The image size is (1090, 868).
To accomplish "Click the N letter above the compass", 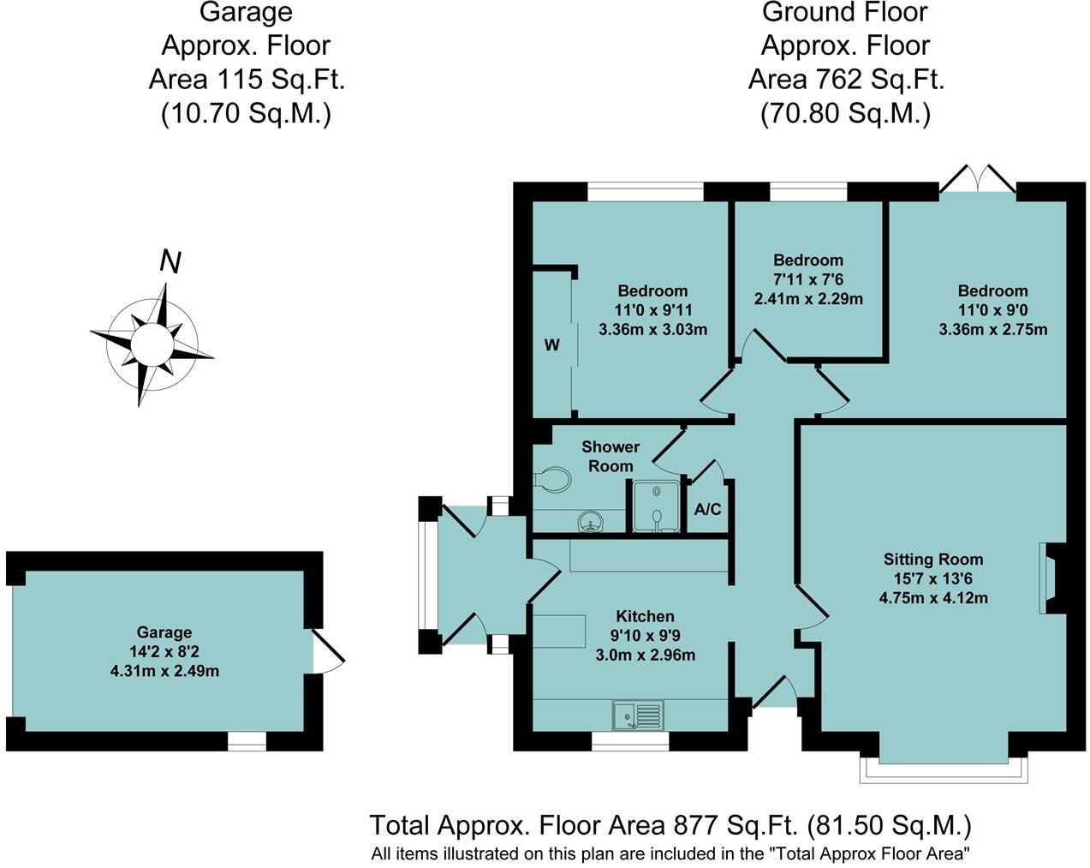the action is click(x=170, y=262).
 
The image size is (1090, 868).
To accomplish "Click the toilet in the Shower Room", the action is click(x=552, y=479).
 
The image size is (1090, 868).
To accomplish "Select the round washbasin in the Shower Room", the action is click(x=590, y=521).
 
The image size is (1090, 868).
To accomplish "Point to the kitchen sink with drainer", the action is click(x=638, y=715).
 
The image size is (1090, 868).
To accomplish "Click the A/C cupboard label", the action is click(x=707, y=509).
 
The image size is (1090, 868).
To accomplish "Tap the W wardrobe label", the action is click(x=551, y=345).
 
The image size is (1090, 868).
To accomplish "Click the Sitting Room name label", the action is click(x=933, y=560).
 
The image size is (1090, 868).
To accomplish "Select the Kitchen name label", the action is click(x=645, y=616).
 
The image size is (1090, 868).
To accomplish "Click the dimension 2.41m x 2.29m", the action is click(x=808, y=299).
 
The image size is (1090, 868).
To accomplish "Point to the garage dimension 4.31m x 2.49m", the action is click(x=164, y=671).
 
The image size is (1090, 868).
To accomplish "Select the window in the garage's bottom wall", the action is click(x=247, y=740).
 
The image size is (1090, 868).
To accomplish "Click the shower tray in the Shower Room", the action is click(x=657, y=506).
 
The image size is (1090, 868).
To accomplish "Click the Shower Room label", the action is click(x=611, y=457).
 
